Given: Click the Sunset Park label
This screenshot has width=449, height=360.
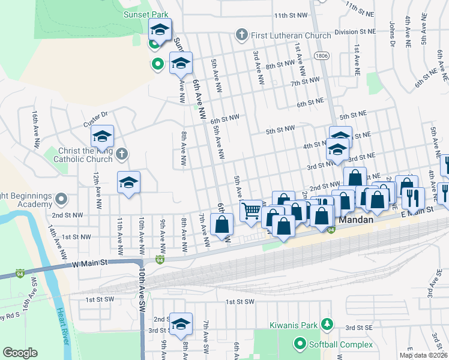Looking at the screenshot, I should click(x=145, y=14).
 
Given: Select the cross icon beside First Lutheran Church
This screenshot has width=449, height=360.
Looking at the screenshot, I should click(x=241, y=35).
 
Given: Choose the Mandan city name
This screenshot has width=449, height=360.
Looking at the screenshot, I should click(x=357, y=220).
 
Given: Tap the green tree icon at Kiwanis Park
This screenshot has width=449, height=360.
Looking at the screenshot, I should click(x=327, y=325).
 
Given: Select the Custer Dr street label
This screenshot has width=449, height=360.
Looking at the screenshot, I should click(x=95, y=119).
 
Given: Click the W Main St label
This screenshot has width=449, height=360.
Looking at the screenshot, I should click(x=89, y=263).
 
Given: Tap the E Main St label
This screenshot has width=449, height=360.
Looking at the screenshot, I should click(x=416, y=211).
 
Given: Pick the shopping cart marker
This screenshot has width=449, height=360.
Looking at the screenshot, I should click(x=252, y=211).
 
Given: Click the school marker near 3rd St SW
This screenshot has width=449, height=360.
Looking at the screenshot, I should click(x=180, y=323).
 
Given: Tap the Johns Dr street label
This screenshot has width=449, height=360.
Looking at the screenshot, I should click(x=392, y=34).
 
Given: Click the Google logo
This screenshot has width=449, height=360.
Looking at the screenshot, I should click(x=20, y=353).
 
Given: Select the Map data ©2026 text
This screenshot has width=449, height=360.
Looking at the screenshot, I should click(x=423, y=355).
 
